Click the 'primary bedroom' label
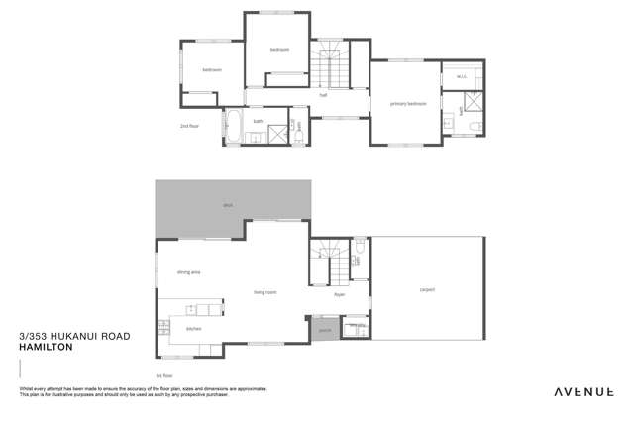pos(407,103)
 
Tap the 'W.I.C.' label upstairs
pos(461,76)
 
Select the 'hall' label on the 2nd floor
pos(323,96)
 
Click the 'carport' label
pos(427,290)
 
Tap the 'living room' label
pos(264,292)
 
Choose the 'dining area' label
pos(188,271)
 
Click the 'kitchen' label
pos(194,328)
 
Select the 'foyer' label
pos(339,294)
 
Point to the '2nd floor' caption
pos(189,127)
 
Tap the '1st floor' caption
pos(164,376)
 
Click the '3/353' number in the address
pos(33,338)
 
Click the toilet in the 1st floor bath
pos(360,243)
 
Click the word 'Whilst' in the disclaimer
pos(26,389)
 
